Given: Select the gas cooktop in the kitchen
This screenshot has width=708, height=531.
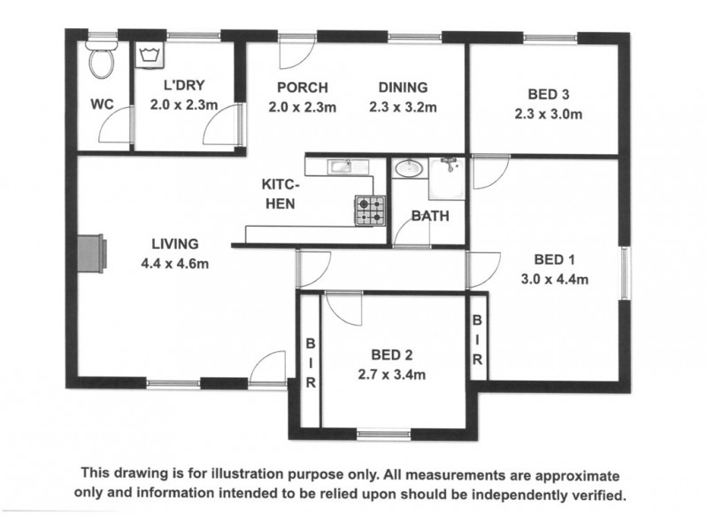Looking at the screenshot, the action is tap(370, 211).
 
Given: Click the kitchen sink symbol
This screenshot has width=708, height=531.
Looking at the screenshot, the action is tap(348, 166).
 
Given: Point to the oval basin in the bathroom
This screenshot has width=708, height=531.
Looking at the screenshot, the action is tap(409, 168).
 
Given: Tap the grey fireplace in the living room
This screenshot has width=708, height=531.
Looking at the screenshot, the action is tap(92, 253).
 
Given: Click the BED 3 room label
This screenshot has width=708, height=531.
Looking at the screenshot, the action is tap(548, 95).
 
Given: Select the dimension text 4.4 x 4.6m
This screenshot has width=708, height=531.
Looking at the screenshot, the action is tap(174, 263).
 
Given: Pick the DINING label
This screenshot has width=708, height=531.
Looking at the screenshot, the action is tap(403, 87).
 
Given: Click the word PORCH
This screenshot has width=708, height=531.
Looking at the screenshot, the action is tap(303, 87).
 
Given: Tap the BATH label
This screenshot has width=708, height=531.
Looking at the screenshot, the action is tap(430, 216).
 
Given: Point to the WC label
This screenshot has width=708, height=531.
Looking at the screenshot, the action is tap(102, 104).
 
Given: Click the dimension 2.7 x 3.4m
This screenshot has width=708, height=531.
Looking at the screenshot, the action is tap(391, 374).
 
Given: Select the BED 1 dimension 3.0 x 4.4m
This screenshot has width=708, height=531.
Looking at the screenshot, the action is tap(555, 279).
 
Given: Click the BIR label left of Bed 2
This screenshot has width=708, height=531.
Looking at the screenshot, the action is tap(311, 363).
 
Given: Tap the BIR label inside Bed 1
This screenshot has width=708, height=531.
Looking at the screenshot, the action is tap(477, 340).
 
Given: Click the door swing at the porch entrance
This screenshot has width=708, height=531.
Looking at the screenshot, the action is tap(296, 52).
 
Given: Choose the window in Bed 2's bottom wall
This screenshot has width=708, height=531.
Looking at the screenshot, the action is tap(384, 435).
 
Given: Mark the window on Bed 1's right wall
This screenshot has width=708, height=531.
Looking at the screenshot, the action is tap(625, 273).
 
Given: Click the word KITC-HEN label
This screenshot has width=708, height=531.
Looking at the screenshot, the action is tap(280, 194).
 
